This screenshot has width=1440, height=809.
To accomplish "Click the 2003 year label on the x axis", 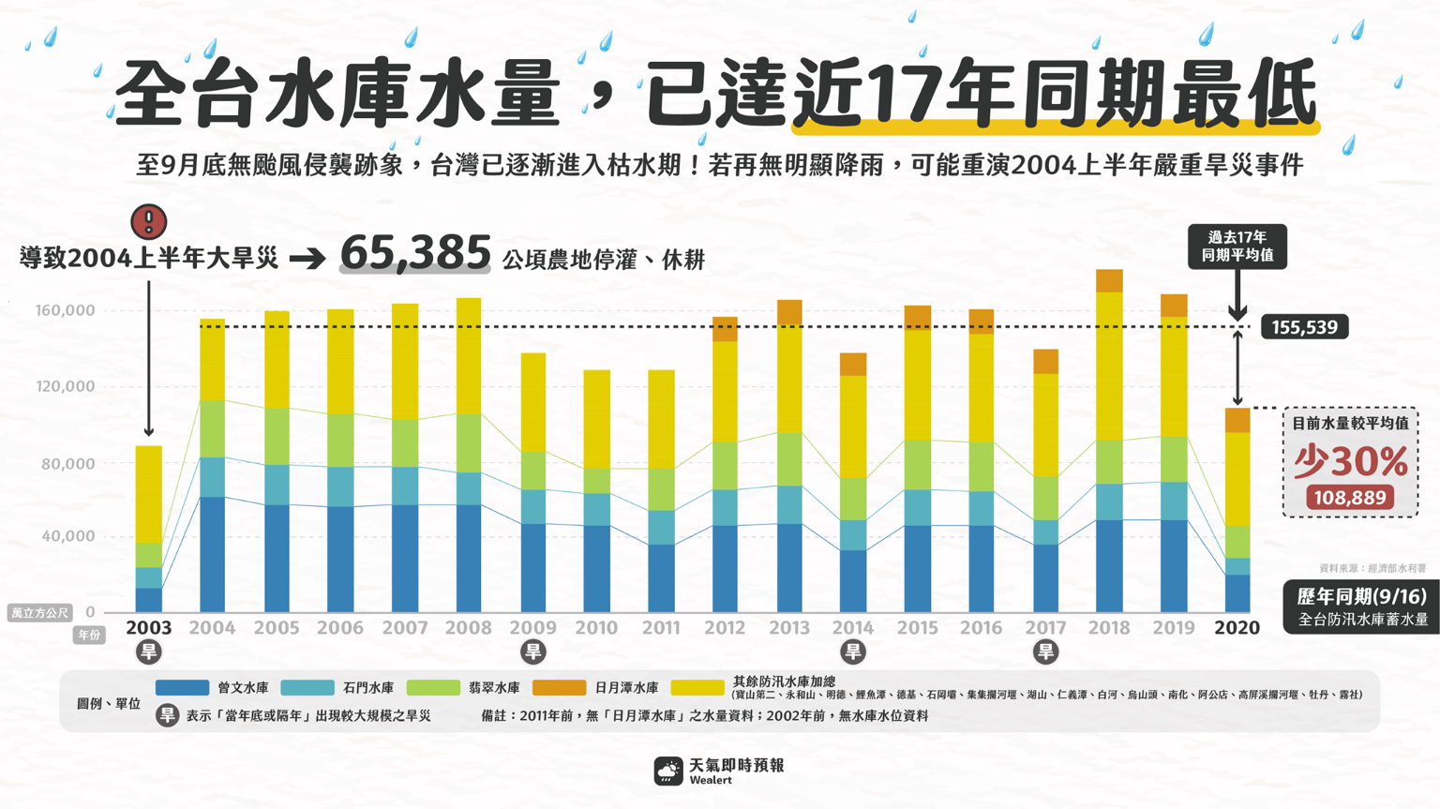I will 148,627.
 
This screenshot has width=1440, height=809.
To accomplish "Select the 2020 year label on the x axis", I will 1237,627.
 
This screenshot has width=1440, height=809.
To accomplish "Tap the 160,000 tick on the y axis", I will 67,310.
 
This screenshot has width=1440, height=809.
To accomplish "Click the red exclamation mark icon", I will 148,222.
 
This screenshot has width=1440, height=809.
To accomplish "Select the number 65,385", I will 415,253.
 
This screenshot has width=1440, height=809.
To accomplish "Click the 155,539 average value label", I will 1304,327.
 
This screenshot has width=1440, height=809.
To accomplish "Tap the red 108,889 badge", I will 1350,498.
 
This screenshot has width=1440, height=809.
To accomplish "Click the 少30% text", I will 1350,460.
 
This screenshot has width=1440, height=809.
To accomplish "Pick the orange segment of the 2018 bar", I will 1109,280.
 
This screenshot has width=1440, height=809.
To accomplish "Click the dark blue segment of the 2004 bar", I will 213,554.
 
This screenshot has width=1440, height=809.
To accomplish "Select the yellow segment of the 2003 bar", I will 148,494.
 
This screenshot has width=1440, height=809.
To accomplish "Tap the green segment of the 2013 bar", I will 789,458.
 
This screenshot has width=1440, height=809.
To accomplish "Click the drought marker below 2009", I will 532,652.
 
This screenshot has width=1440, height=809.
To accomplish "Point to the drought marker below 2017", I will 1045,652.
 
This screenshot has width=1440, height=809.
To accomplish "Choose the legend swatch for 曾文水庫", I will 182,688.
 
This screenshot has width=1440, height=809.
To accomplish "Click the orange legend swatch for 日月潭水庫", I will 559,688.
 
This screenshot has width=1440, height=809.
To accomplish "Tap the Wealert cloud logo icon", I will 668,772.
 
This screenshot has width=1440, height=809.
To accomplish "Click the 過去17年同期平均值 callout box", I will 1237,247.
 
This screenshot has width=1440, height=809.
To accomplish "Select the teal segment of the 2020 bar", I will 1237,566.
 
